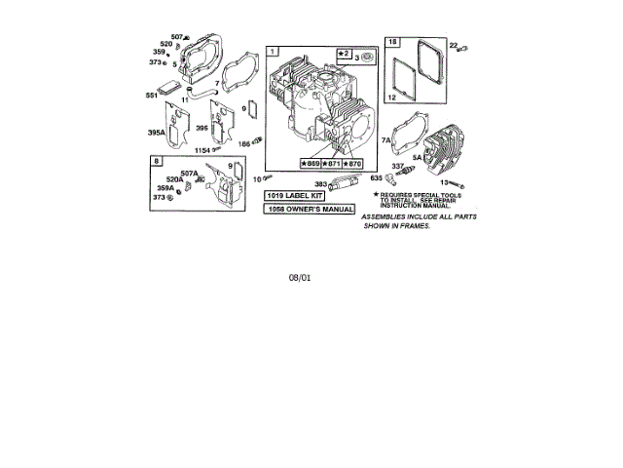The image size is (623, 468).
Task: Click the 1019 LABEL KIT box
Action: [296, 197]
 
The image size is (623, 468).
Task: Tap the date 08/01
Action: [300, 278]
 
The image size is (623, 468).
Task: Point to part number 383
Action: [320, 183]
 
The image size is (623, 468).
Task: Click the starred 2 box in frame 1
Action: [344, 52]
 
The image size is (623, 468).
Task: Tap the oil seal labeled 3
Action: [368, 58]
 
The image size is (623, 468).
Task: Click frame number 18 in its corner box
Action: [392, 42]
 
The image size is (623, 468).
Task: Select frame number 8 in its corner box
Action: [156, 159]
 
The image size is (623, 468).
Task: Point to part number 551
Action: [152, 96]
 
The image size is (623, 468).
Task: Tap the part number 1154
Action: [202, 150]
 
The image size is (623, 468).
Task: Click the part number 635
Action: [377, 177]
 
